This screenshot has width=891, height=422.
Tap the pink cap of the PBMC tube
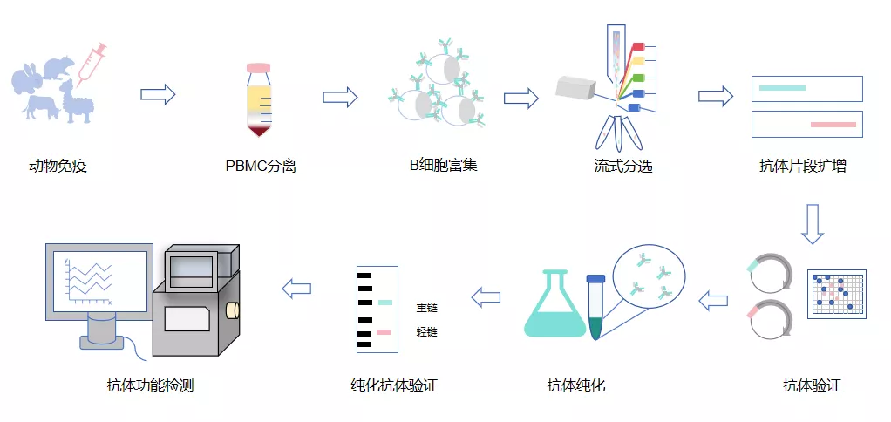click(x=259, y=68)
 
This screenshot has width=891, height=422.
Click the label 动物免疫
click(x=58, y=167)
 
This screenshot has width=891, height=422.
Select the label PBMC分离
click(x=261, y=167)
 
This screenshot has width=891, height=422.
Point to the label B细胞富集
click(x=444, y=166)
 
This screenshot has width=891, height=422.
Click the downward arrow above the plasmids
click(x=813, y=224)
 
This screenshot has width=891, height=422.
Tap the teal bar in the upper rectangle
click(x=783, y=88)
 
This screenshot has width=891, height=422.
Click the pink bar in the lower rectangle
click(x=833, y=125)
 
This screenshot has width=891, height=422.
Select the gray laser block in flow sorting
click(x=575, y=89)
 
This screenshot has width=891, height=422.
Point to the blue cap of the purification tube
click(x=595, y=279)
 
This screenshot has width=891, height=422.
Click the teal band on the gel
click(x=384, y=303)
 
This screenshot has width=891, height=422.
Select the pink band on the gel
click(x=384, y=332)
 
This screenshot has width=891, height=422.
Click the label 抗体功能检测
click(x=151, y=386)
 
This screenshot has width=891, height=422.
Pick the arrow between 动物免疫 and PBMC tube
click(x=158, y=94)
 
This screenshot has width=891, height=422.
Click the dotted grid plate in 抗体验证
click(x=837, y=294)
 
